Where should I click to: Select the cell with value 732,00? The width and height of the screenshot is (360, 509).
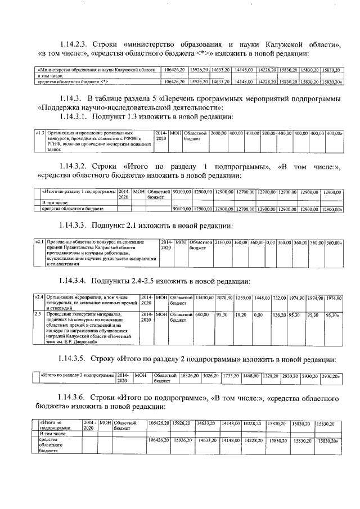(280, 297)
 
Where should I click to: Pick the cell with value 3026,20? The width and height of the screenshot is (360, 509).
(211, 375)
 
